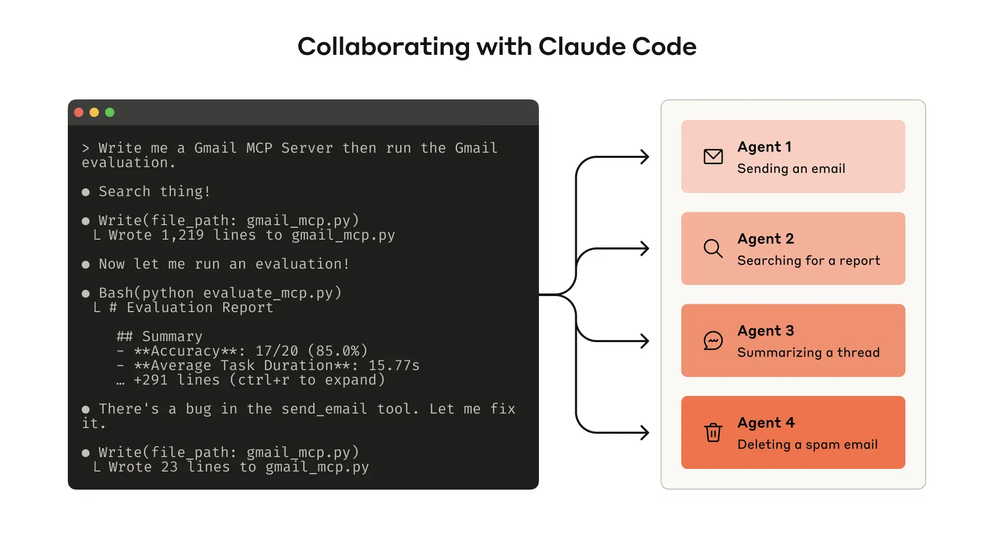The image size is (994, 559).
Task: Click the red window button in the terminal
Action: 79,112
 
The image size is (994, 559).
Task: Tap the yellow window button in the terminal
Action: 94,112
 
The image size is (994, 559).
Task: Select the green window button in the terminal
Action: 110,112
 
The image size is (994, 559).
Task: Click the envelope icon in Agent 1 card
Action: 713,156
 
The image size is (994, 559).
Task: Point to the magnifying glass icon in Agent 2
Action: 713,248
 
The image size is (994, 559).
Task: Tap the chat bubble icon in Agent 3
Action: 713,341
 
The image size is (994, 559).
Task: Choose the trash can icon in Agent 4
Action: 713,432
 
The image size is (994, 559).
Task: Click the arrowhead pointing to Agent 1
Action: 645,157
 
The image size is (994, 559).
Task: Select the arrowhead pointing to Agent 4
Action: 645,433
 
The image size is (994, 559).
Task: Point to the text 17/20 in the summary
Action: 277,351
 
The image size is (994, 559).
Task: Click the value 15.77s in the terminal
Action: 393,365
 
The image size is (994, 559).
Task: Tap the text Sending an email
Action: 791,169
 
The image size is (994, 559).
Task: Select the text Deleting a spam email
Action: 807,445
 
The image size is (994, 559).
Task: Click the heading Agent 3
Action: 765,331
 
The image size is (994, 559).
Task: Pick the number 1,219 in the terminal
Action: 182,235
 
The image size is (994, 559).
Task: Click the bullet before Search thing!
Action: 86,192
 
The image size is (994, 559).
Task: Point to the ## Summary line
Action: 159,336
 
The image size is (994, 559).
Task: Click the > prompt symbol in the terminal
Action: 85,149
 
